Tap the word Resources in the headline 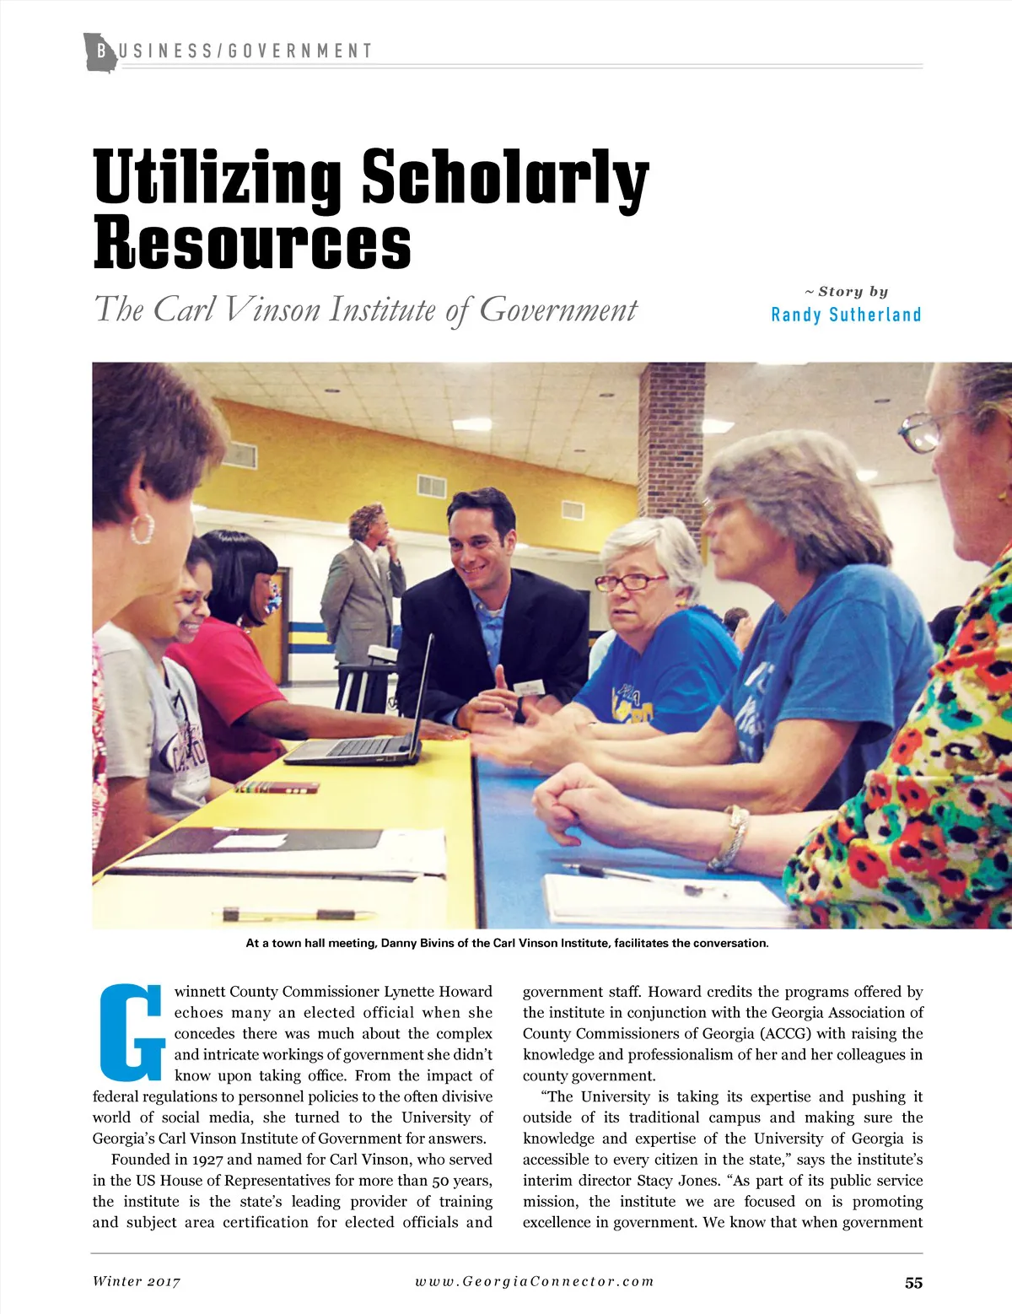click(252, 244)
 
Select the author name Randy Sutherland click(846, 315)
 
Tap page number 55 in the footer click(913, 1283)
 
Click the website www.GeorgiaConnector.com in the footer click(534, 1281)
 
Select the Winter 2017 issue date click(137, 1281)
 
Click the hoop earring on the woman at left click(143, 528)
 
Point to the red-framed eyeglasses click(630, 581)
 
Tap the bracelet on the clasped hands click(729, 837)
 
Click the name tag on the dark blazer click(529, 687)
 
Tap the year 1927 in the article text click(207, 1160)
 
